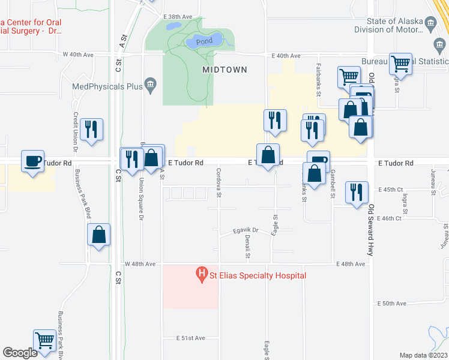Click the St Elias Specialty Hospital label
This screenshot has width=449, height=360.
[257, 275]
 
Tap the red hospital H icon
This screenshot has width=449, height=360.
[202, 275]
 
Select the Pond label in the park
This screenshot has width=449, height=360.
[204, 41]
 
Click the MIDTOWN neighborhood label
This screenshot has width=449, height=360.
[224, 70]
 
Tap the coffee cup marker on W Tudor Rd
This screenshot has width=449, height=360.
[33, 160]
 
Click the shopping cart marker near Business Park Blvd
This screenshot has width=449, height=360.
[45, 340]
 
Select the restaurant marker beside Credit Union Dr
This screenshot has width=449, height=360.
[91, 129]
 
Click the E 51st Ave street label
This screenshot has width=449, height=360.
[191, 338]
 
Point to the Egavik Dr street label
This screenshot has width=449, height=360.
[246, 230]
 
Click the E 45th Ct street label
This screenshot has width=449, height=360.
[390, 190]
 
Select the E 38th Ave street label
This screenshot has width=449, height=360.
[179, 16]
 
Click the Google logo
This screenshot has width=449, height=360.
[20, 353]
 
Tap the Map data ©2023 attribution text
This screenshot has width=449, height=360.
[423, 355]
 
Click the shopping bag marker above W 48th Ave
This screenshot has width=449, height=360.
[99, 235]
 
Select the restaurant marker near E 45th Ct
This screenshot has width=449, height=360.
[357, 193]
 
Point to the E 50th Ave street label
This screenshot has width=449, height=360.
[394, 304]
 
